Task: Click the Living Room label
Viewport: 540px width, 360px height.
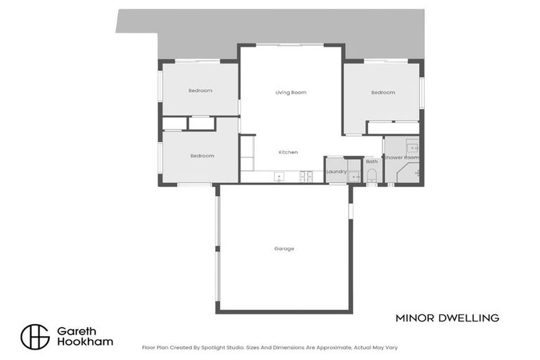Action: [x=290, y=92]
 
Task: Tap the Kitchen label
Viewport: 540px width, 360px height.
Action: [x=288, y=152]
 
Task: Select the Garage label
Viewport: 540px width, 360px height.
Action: [x=284, y=248]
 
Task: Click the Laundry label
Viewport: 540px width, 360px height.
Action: [x=336, y=171]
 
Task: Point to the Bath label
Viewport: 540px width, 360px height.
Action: [x=371, y=162]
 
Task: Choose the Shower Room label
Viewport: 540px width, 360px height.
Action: [x=401, y=157]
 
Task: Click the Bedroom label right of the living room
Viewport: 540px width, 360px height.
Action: [x=383, y=92]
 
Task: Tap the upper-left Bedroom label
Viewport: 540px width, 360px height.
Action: [x=200, y=91]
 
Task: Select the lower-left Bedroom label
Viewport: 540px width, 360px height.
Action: [x=202, y=155]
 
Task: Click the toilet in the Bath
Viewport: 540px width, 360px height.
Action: [x=372, y=174]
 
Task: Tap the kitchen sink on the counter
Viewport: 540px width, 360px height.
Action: [x=279, y=176]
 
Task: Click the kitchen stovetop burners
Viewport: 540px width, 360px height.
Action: [x=307, y=176]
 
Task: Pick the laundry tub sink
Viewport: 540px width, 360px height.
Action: [x=354, y=176]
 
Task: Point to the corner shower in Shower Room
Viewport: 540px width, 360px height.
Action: [x=409, y=173]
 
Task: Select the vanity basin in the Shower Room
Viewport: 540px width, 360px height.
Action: [x=413, y=148]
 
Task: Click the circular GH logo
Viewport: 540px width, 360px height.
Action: [x=35, y=336]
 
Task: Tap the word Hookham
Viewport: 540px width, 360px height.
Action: [x=84, y=342]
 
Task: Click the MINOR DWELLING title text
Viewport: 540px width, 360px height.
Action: [x=447, y=318]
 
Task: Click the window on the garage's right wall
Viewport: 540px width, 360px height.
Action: [x=350, y=210]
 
